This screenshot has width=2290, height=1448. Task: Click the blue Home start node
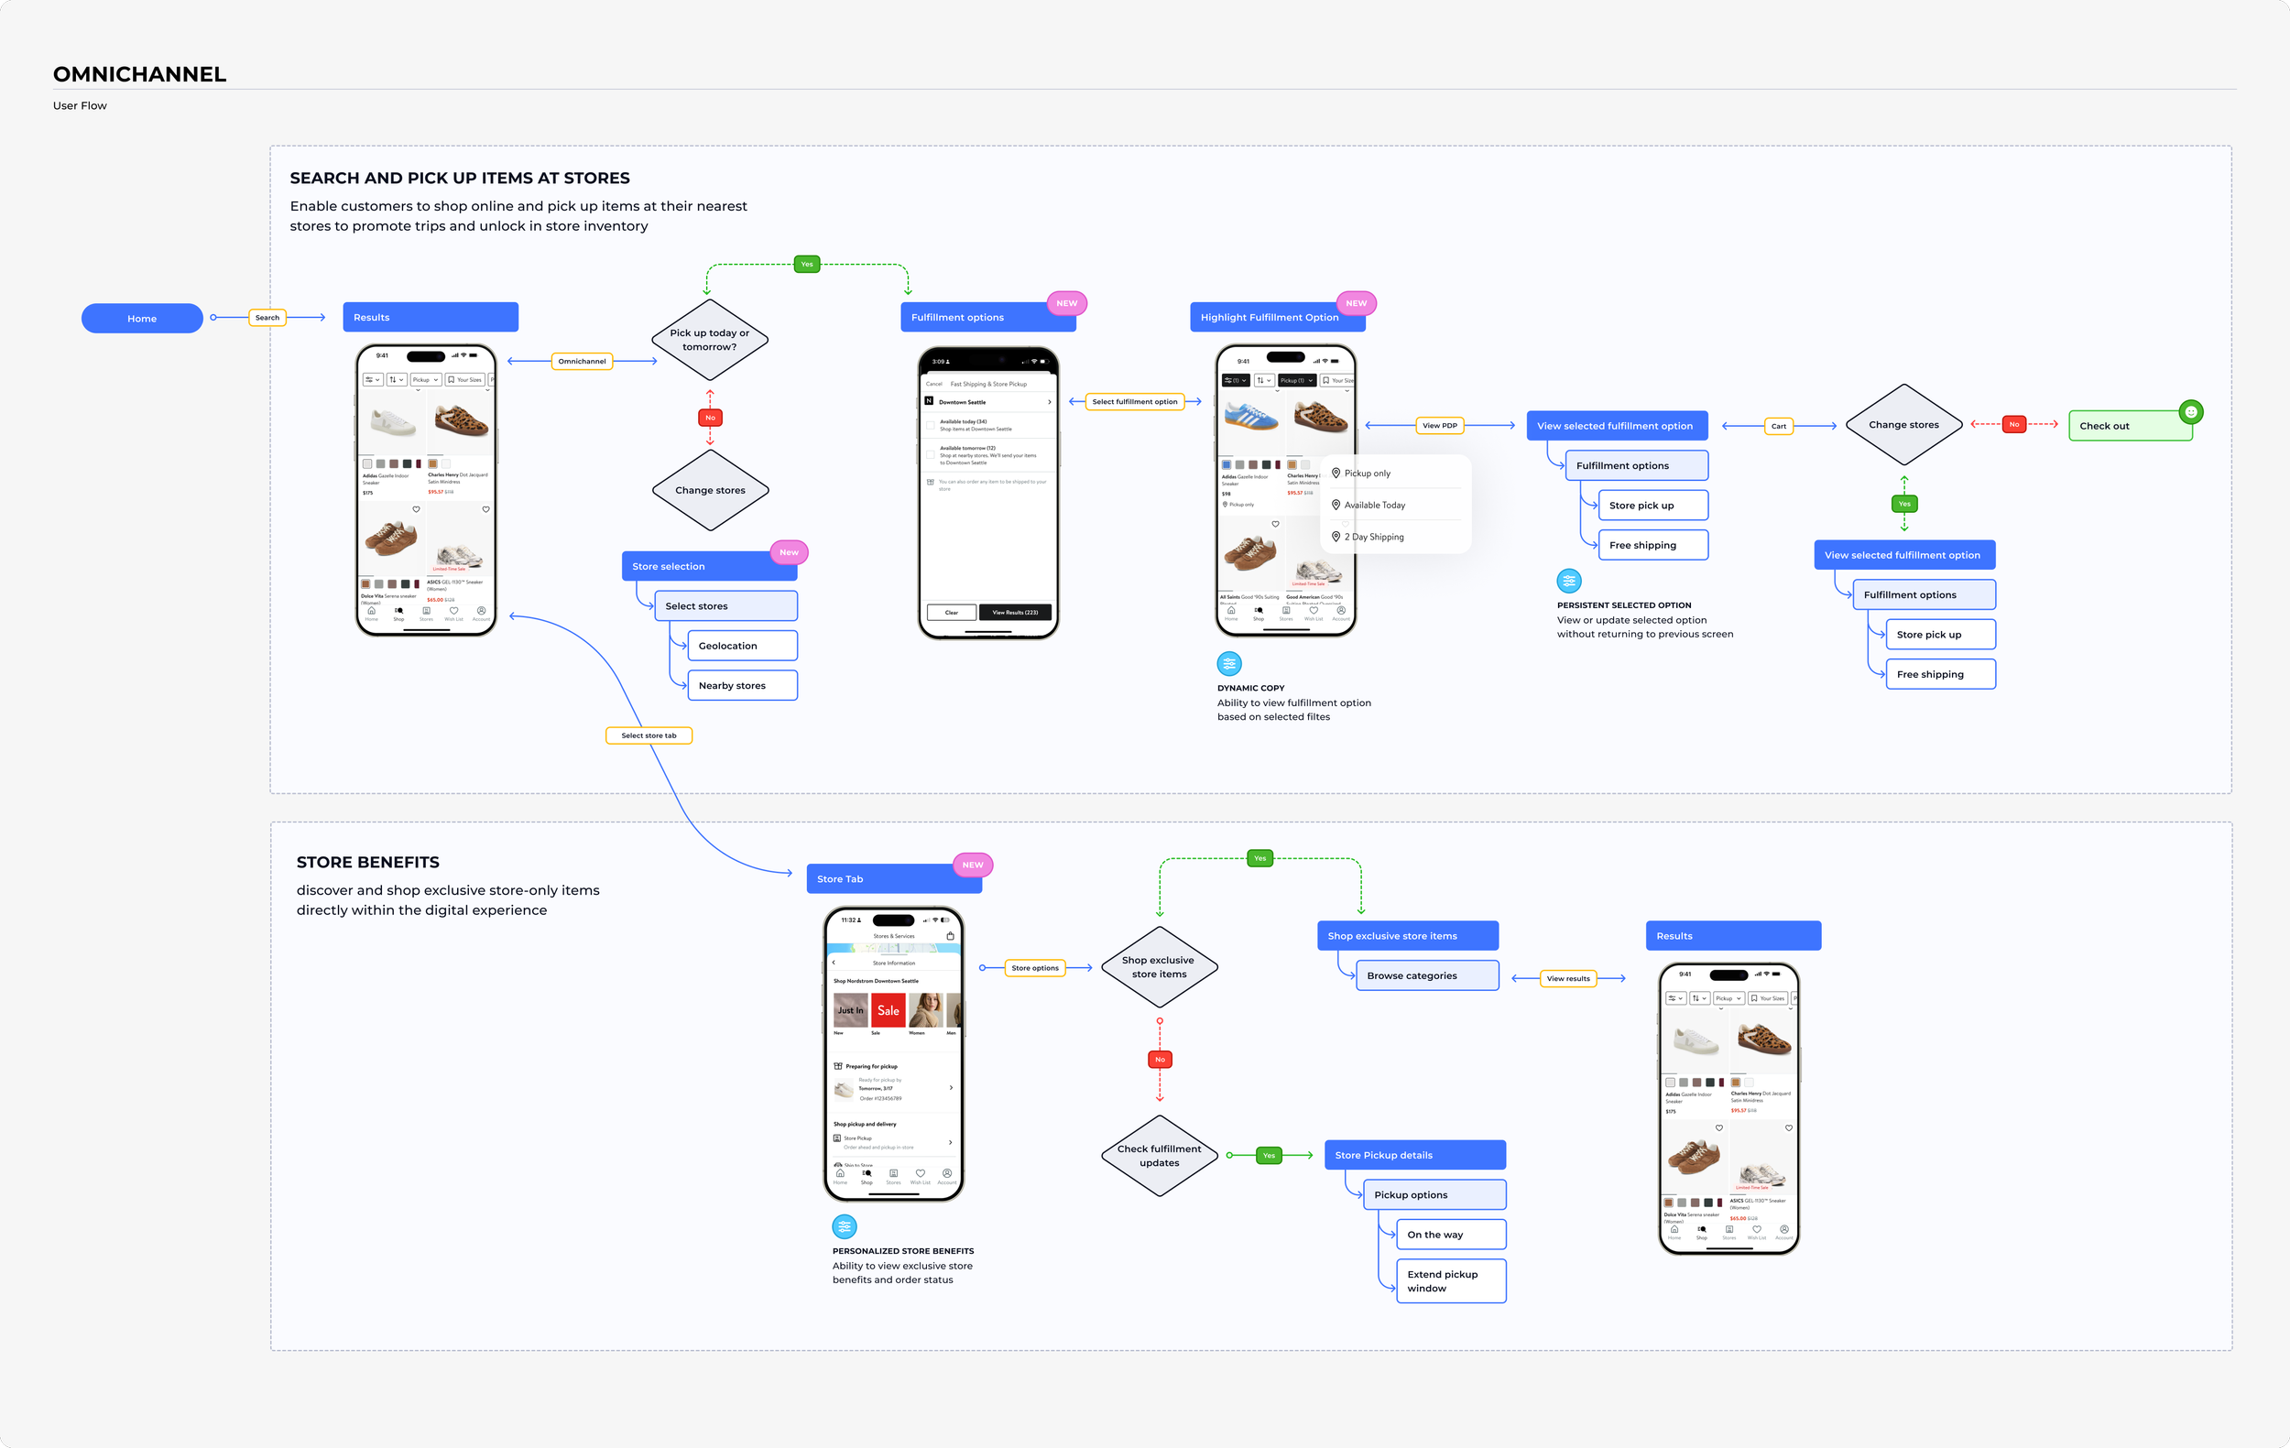tap(142, 319)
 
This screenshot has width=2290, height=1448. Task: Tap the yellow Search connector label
tap(267, 318)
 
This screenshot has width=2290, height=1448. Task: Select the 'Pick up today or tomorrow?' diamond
tap(710, 340)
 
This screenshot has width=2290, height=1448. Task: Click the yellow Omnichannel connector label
tap(582, 361)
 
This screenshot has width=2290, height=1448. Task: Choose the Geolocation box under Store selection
tap(733, 646)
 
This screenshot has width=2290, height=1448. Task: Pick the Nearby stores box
tap(733, 685)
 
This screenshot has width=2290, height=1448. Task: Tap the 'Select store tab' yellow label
tap(649, 735)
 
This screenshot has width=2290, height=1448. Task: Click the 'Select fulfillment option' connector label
tap(1135, 401)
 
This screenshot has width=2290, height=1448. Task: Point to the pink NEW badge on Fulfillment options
tap(1066, 303)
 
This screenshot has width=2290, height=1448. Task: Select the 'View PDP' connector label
tap(1440, 425)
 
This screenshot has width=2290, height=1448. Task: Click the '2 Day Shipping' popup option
tap(1374, 538)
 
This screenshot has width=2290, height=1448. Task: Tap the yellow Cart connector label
tap(1778, 426)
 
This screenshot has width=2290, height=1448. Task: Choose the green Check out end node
tap(2130, 426)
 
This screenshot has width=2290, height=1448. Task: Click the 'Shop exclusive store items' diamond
tap(1159, 967)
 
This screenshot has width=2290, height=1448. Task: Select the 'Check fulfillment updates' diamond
tap(1160, 1155)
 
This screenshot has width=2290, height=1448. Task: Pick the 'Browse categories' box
tap(1426, 975)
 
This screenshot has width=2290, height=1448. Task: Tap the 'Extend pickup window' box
tap(1450, 1280)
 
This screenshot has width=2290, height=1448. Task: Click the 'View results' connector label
tap(1568, 978)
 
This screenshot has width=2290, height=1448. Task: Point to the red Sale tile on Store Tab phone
tap(889, 1010)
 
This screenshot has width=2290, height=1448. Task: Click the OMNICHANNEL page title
tap(140, 74)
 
